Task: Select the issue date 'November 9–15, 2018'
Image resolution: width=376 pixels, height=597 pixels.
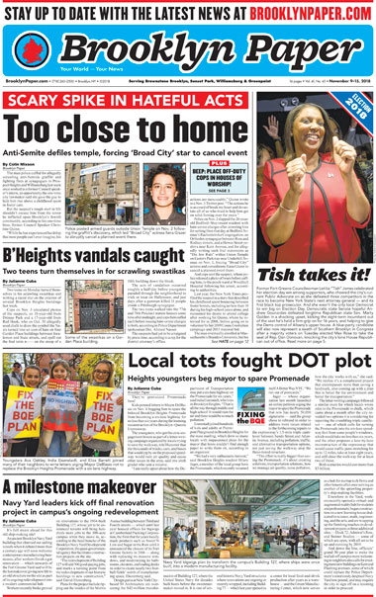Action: [343, 81]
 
